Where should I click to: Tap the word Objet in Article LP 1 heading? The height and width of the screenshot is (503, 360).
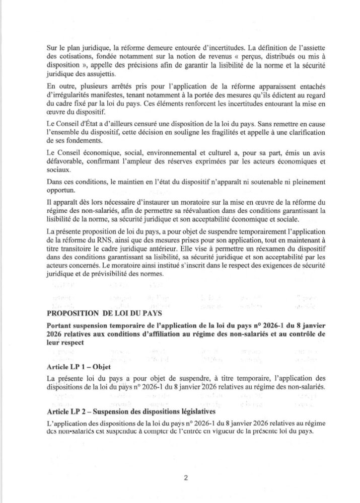tap(111, 367)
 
